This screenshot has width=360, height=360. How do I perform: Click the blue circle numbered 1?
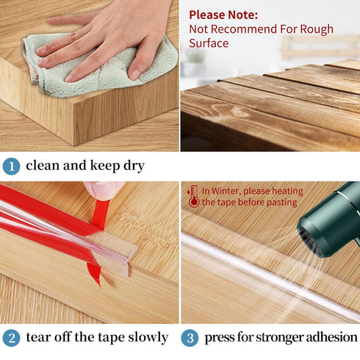pyautogui.click(x=11, y=167)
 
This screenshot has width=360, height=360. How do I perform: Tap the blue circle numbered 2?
pyautogui.click(x=11, y=338)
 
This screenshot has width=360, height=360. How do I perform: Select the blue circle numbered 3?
pyautogui.click(x=190, y=338)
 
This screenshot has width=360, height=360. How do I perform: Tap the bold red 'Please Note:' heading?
pyautogui.click(x=223, y=15)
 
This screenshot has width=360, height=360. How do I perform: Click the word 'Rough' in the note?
pyautogui.click(x=317, y=29)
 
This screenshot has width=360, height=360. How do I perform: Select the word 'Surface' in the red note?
pyautogui.click(x=209, y=43)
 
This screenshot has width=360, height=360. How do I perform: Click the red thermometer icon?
pyautogui.click(x=194, y=196)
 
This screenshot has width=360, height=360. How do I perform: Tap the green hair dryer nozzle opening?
pyautogui.click(x=311, y=242)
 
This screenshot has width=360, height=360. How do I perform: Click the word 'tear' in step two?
pyautogui.click(x=38, y=337)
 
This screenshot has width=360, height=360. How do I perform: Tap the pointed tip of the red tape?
pyautogui.click(x=100, y=286)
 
